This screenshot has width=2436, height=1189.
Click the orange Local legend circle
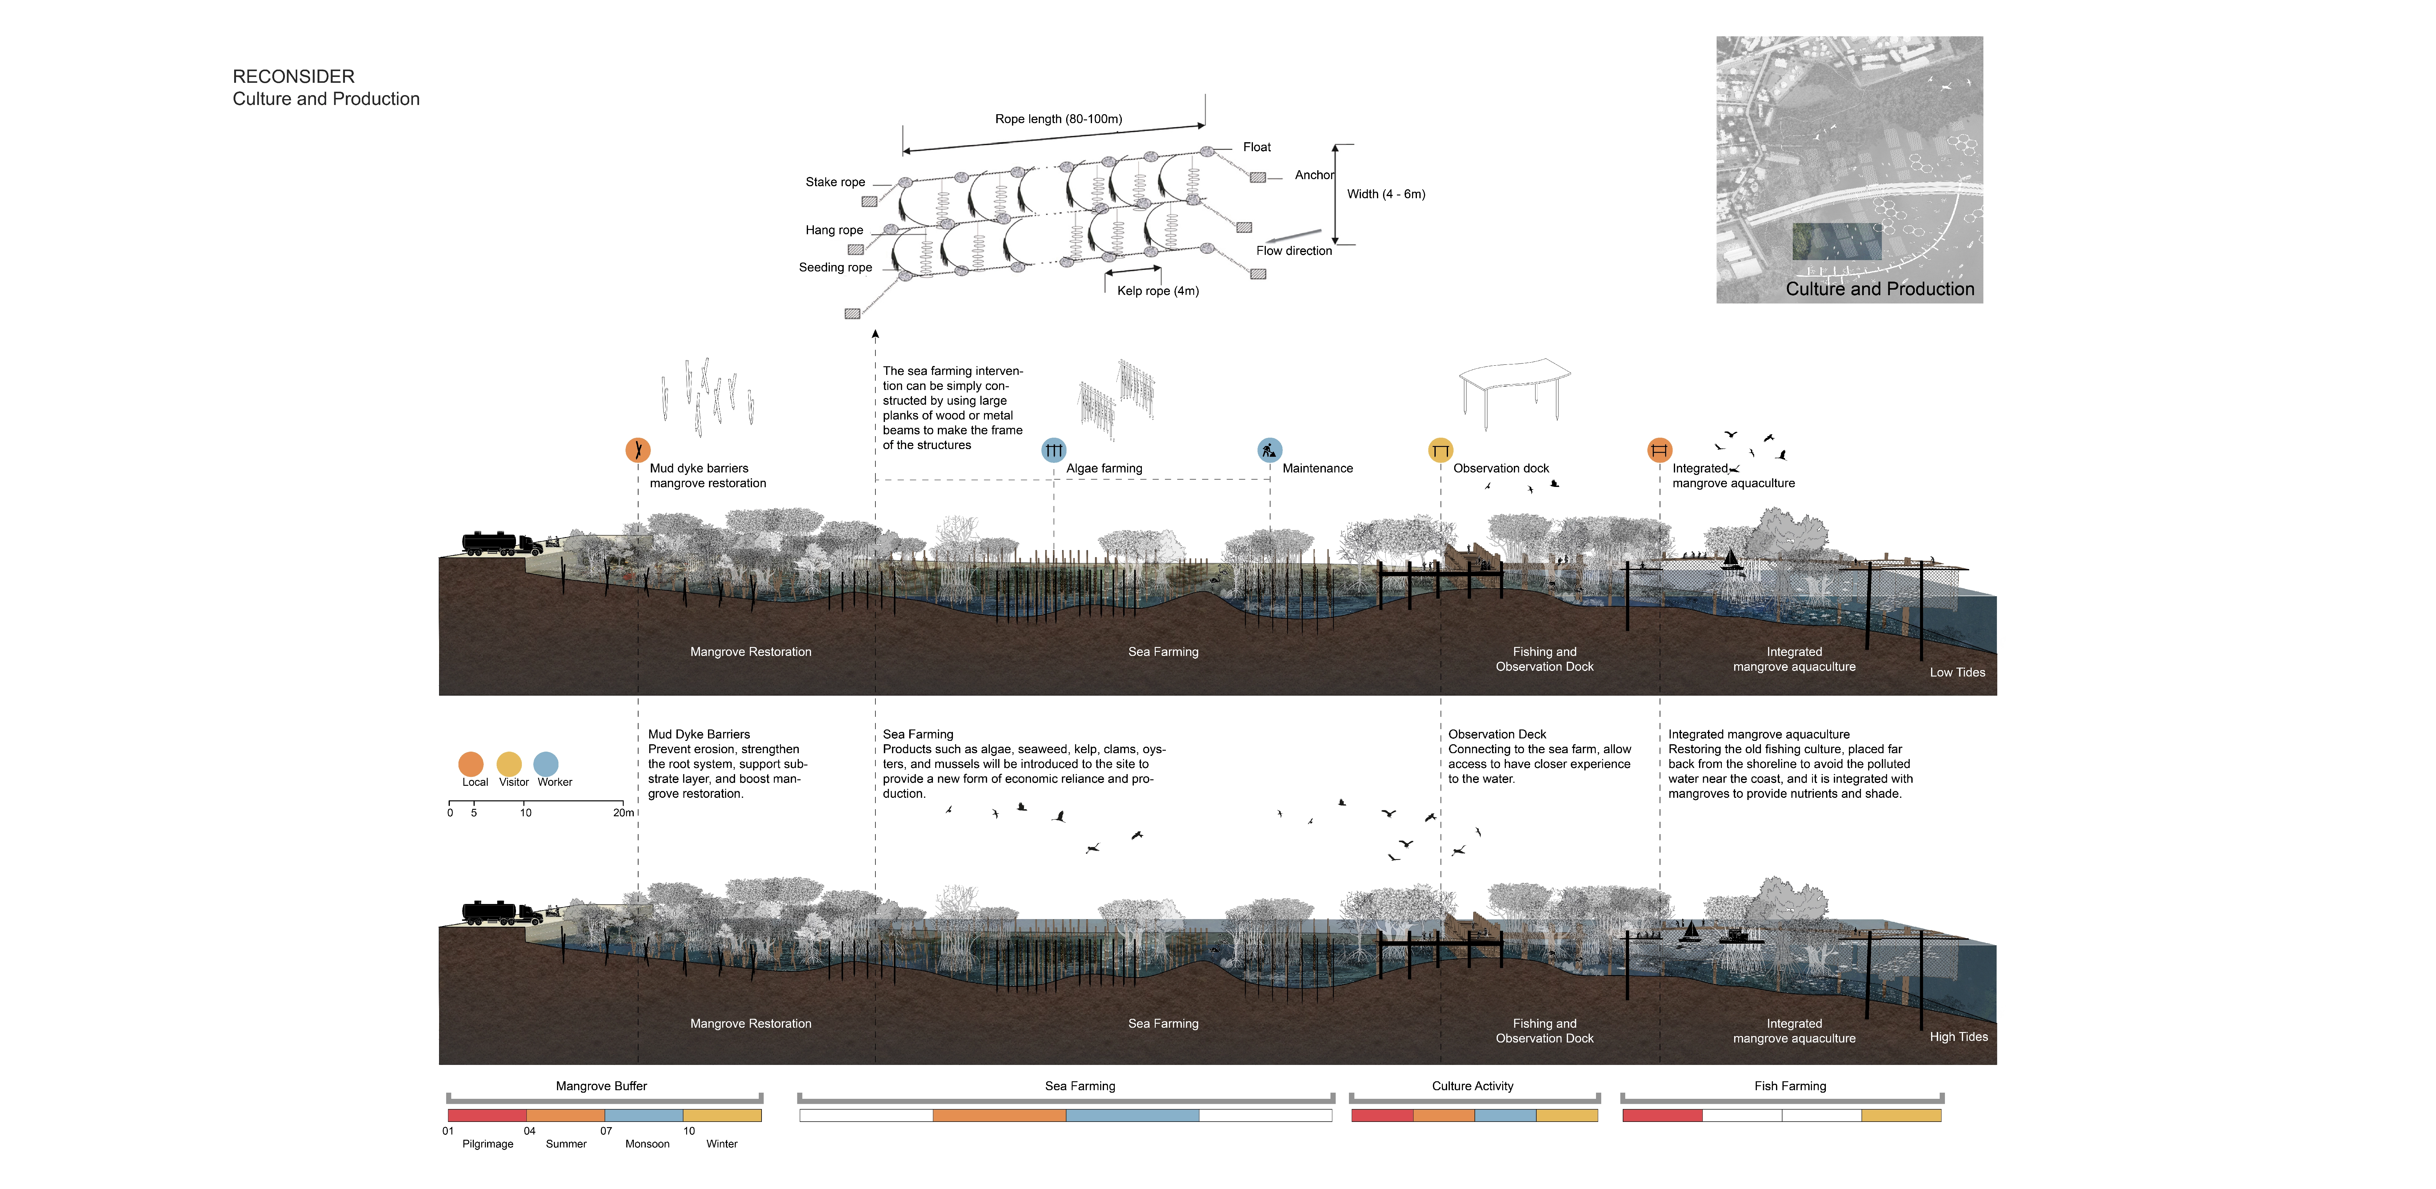(x=471, y=763)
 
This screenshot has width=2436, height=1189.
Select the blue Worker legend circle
(x=546, y=763)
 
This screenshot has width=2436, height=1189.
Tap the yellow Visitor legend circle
(x=509, y=763)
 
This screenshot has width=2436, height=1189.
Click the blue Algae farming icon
(x=1054, y=450)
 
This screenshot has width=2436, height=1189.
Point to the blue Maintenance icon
(x=1269, y=450)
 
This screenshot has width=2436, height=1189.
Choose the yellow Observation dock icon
(x=1440, y=450)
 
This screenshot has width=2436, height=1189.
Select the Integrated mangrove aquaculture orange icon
(x=1660, y=450)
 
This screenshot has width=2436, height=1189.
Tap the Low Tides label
(x=1957, y=673)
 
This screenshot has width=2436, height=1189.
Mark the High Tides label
(x=1958, y=1037)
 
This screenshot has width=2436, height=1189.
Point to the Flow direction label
(x=1294, y=251)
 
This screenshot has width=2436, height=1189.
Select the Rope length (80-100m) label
(x=1058, y=119)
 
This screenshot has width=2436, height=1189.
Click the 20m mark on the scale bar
(x=623, y=813)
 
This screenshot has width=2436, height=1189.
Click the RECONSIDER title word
(x=293, y=77)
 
